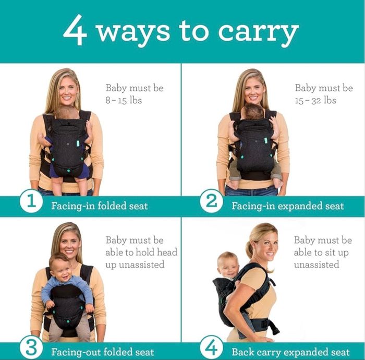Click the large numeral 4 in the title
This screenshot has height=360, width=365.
click(75, 30)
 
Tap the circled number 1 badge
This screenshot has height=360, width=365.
click(31, 201)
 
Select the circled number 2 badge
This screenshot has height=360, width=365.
click(211, 201)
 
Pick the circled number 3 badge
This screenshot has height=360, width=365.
click(31, 348)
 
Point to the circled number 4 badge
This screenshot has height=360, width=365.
click(211, 348)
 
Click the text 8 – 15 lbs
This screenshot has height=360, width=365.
click(124, 100)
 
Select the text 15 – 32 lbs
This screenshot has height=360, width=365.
click(315, 100)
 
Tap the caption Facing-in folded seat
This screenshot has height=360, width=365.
click(100, 206)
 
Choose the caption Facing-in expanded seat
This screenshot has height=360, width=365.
click(288, 206)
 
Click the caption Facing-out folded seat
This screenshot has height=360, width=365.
click(103, 352)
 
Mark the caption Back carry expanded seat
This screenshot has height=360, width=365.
click(291, 352)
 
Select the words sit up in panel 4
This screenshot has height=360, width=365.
click(337, 253)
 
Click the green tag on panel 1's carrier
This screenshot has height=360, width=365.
click(78, 143)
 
